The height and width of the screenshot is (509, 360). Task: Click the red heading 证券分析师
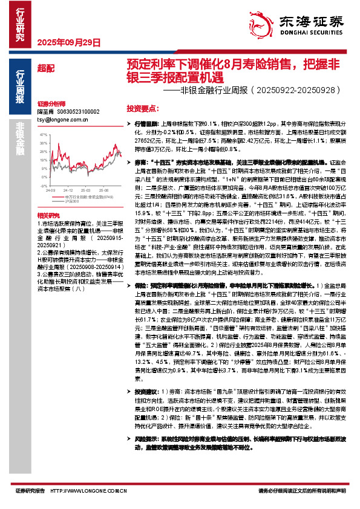click(x=48, y=103)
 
